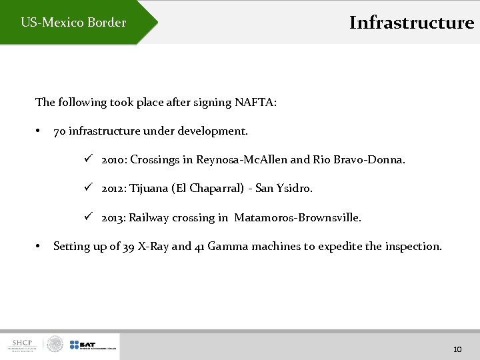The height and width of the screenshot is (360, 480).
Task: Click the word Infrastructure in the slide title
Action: [411, 23]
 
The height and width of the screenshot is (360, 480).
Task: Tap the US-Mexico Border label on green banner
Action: [73, 23]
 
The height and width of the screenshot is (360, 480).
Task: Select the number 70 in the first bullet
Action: [59, 131]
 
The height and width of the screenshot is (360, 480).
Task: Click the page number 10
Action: [457, 349]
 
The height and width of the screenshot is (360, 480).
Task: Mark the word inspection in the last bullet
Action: [413, 247]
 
